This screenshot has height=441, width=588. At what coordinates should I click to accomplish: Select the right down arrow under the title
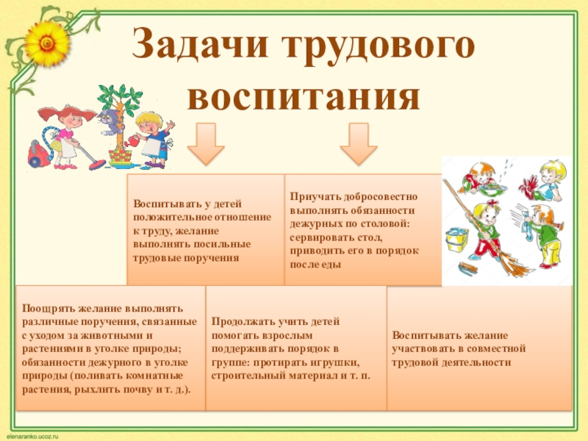(357, 143)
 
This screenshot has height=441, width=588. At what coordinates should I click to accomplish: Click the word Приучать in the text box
(313, 197)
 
